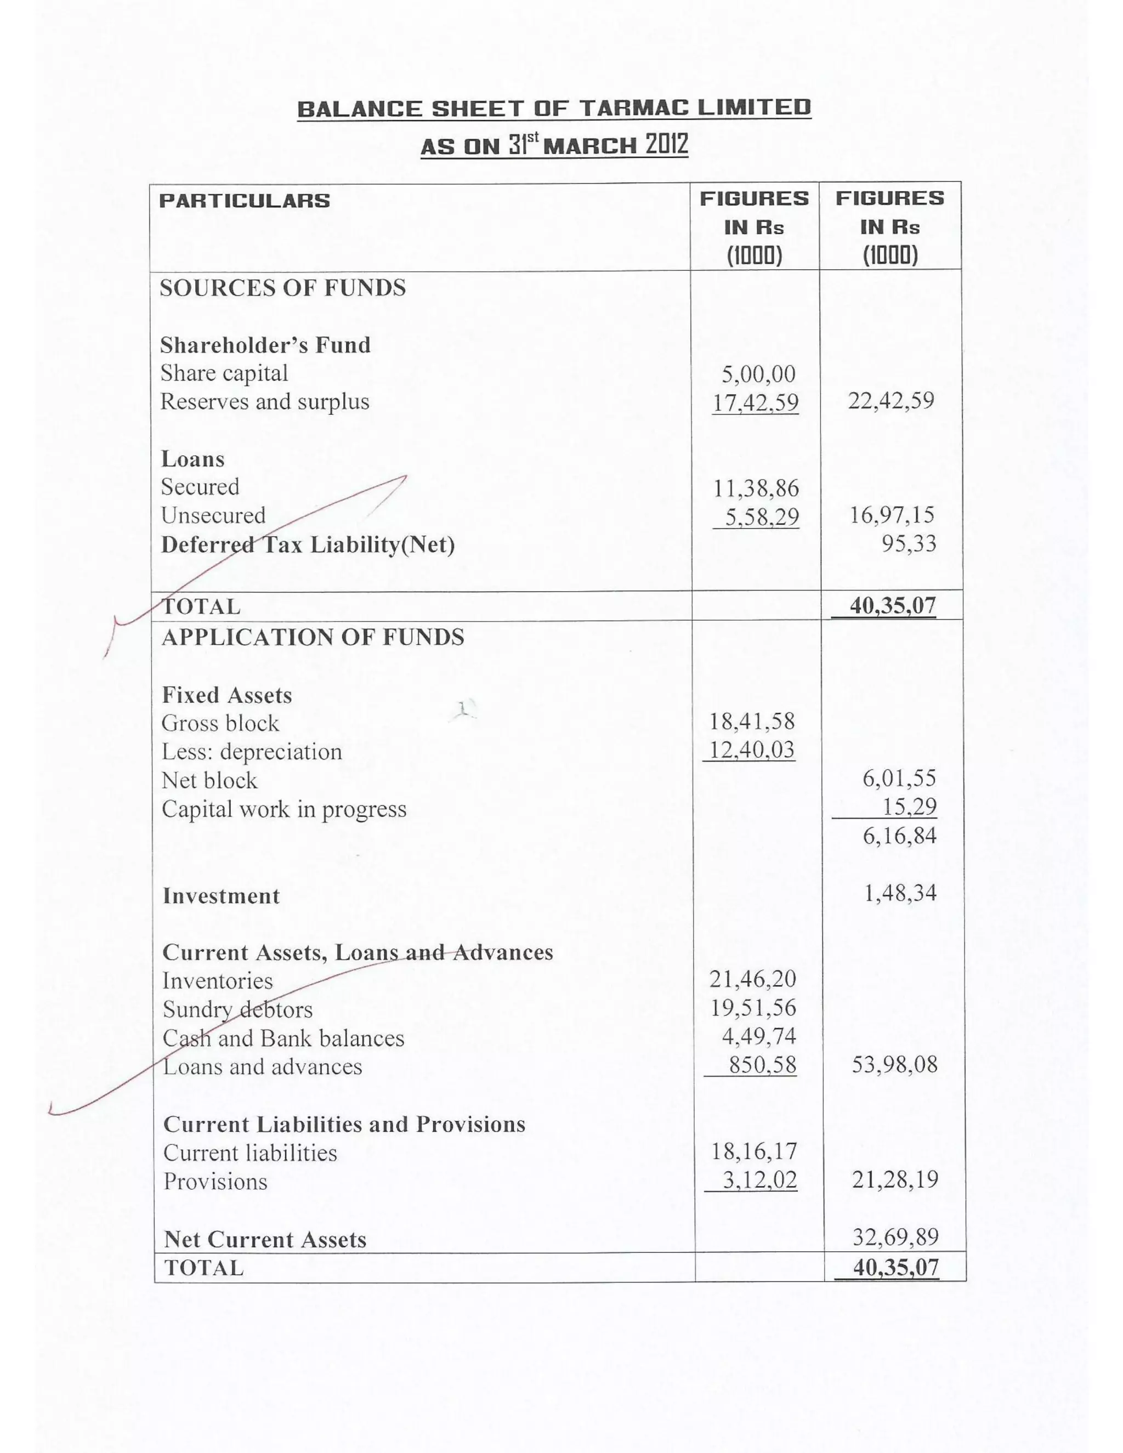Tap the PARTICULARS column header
[244, 201]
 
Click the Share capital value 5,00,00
[758, 374]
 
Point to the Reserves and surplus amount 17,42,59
[755, 402]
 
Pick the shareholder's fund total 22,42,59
[891, 400]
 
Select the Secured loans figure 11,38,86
[756, 489]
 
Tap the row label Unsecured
[213, 515]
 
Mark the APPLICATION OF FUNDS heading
[313, 637]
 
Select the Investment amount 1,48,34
[900, 893]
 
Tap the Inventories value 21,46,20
[752, 979]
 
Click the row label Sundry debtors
[237, 1010]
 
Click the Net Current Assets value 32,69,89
[895, 1237]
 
